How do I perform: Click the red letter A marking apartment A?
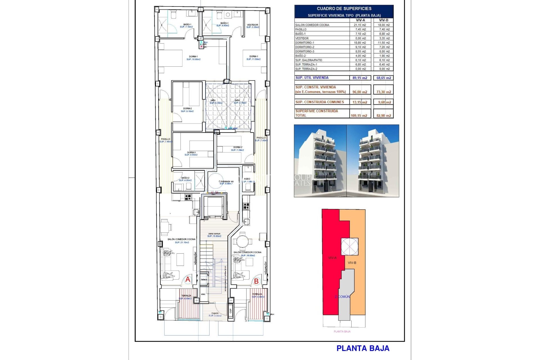click(x=188, y=280)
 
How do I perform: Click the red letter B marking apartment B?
click(x=256, y=281)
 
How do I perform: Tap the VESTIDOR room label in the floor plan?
click(x=253, y=25)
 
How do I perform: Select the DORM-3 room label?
click(x=191, y=152)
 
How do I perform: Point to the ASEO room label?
click(x=247, y=179)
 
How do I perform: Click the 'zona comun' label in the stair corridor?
click(x=214, y=234)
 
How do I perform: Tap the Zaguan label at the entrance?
click(x=215, y=313)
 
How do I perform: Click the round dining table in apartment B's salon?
click(x=242, y=241)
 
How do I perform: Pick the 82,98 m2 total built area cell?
click(x=384, y=116)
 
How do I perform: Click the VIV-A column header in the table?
click(x=360, y=20)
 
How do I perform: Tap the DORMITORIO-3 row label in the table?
click(x=305, y=51)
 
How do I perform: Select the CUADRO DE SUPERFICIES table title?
click(x=344, y=9)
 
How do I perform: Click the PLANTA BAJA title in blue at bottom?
click(x=363, y=348)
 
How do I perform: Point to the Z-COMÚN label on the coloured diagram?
click(x=342, y=297)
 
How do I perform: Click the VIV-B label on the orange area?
click(x=352, y=263)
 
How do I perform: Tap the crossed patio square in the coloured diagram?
click(x=350, y=246)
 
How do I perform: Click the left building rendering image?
click(x=320, y=161)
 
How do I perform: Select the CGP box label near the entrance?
click(x=231, y=311)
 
